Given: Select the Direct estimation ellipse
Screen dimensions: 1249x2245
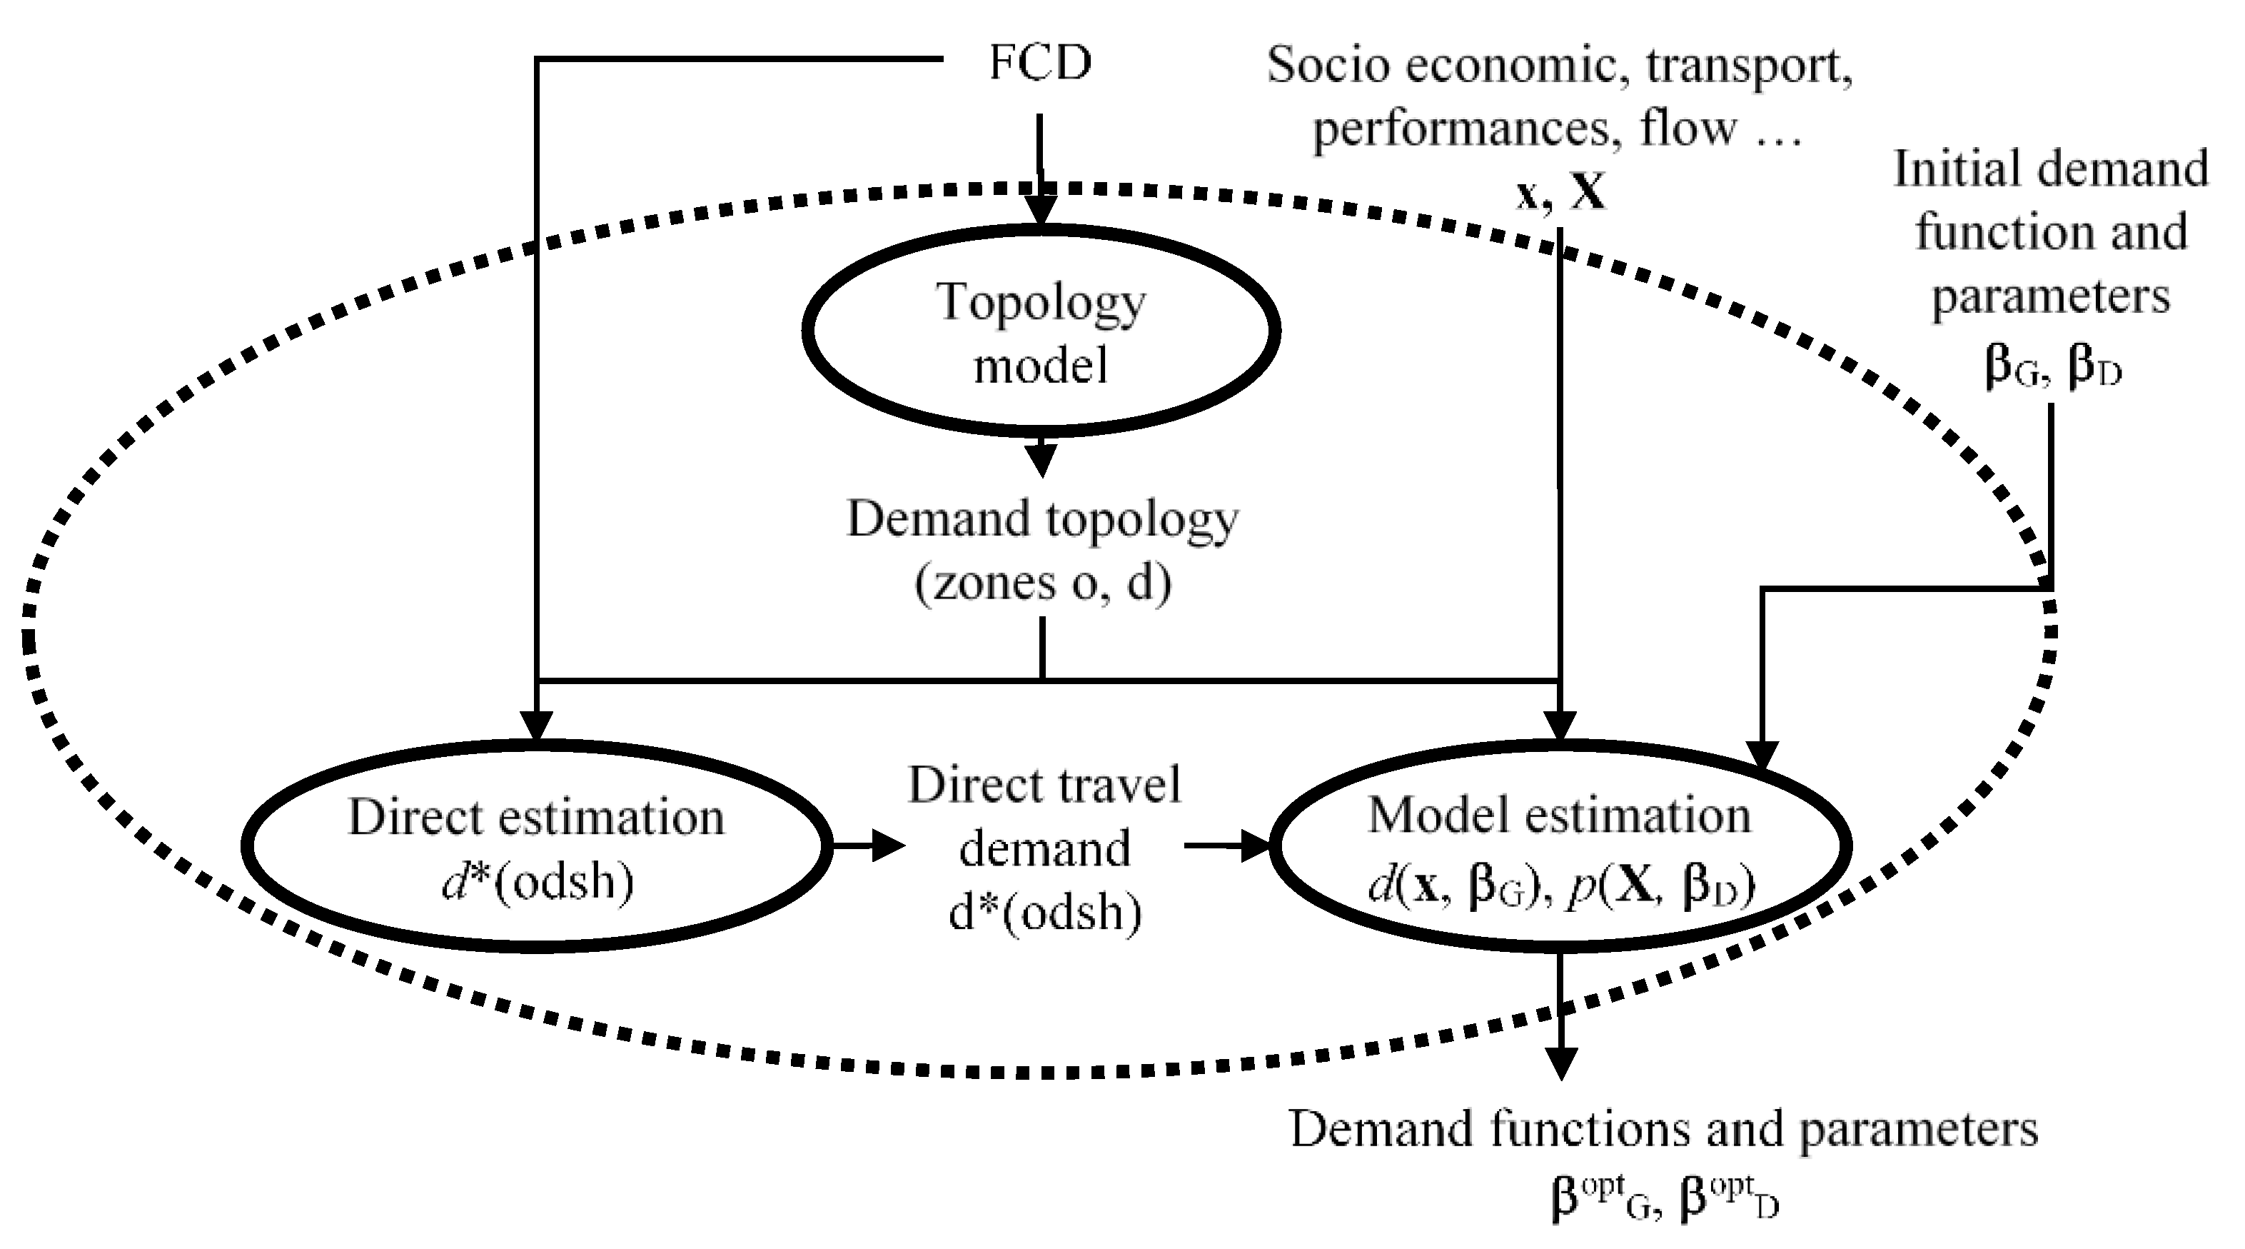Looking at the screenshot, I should click(x=535, y=845).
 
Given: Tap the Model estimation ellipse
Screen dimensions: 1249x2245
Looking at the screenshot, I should click(x=1559, y=845).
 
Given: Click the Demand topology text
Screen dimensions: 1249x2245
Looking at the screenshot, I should click(x=1042, y=519).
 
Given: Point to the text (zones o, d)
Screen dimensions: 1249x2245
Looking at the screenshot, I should click(x=1042, y=582).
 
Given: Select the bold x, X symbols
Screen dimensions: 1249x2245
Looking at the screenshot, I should click(x=1560, y=194).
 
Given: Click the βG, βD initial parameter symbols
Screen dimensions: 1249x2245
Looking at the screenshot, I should click(x=2052, y=366).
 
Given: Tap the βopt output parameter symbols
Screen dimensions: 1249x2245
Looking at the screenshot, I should click(x=1665, y=1198).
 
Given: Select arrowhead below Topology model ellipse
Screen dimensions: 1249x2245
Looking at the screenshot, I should click(x=1041, y=459).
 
